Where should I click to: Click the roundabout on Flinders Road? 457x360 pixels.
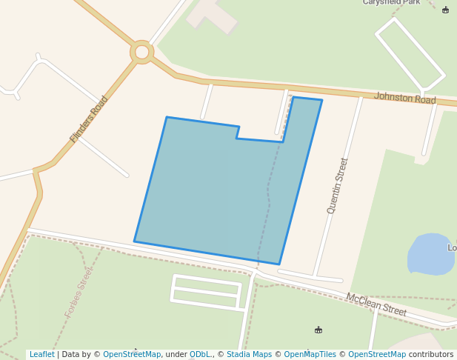click(141, 52)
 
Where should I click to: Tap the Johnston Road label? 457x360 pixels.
click(404, 98)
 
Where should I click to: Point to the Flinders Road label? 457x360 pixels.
click(89, 119)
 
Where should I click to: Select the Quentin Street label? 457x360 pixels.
click(338, 185)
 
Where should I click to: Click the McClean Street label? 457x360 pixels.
click(376, 304)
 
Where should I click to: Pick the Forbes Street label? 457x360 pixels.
click(79, 293)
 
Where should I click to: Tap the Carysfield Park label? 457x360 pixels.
click(391, 2)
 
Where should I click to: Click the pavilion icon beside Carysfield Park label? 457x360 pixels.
click(445, 10)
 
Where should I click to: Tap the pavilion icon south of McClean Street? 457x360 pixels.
click(318, 330)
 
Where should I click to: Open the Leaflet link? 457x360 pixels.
click(42, 354)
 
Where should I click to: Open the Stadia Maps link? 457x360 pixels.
click(250, 354)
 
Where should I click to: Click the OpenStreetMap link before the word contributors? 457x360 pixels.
click(377, 354)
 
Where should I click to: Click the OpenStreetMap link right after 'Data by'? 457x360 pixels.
click(132, 354)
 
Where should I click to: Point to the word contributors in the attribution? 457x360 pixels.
click(431, 354)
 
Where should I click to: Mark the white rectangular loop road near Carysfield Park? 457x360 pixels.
click(410, 53)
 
